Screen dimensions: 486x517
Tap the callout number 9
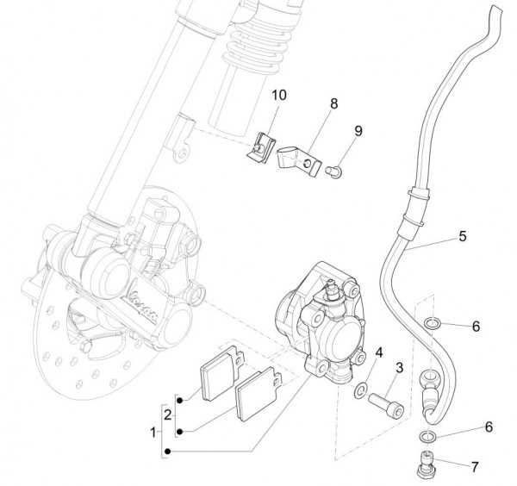358,130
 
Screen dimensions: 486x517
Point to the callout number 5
462,234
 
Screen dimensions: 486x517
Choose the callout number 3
398,369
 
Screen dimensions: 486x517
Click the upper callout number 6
476,327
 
